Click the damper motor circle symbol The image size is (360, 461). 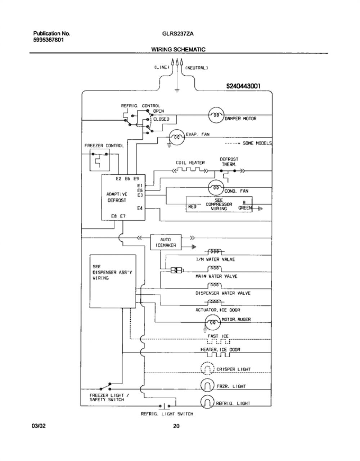coord(216,115)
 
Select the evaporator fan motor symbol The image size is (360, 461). coord(177,137)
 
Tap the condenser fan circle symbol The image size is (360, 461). coord(216,188)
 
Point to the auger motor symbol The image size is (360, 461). coord(213,322)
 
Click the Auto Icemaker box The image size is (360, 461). coord(166,242)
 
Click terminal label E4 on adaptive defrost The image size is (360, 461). coord(140,208)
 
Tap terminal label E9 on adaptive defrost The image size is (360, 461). coord(136,179)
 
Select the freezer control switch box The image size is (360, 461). coord(100,160)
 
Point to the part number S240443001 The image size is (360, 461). coord(243,86)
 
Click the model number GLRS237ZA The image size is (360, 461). coord(178,34)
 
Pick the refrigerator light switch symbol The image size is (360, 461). coord(165,406)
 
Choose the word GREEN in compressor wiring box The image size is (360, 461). coord(245,208)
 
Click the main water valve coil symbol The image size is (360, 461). coord(215,269)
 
